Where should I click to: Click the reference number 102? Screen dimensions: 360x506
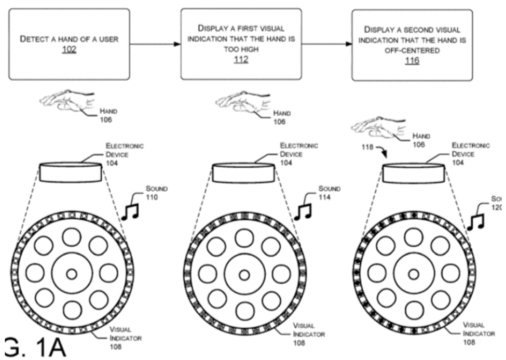coord(69,50)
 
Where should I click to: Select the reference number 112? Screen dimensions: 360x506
coord(241,60)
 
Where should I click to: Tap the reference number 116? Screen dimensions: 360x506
coord(412,61)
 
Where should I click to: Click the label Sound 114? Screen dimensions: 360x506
coord(329,193)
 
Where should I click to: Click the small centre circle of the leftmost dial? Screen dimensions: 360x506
coord(71,274)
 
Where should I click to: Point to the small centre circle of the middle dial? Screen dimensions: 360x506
coord(243,274)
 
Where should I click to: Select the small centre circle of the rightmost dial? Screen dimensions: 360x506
coord(413,274)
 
